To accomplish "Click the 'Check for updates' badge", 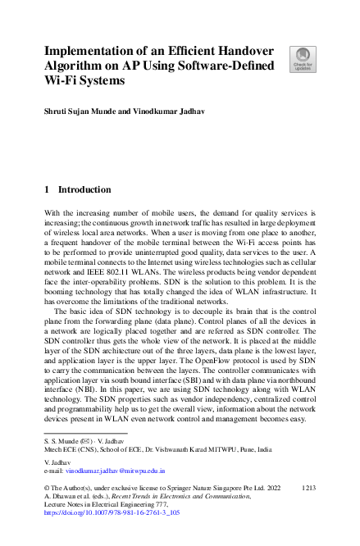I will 302,58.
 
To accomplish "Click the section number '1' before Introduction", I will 48,189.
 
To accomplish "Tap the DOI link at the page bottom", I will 112,512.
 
